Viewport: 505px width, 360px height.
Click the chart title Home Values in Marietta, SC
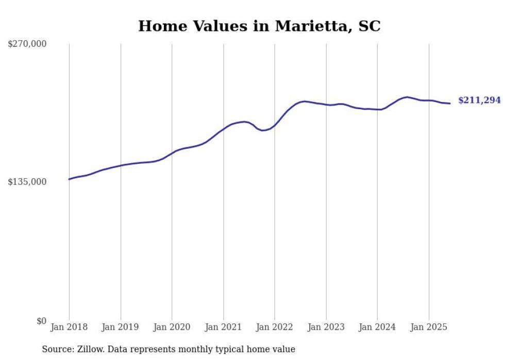coord(259,26)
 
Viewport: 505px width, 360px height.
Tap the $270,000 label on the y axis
coord(27,44)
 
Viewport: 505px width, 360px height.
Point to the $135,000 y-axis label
coord(27,182)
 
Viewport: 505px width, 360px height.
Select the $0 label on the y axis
coord(41,321)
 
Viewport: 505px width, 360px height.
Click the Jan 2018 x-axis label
coord(69,327)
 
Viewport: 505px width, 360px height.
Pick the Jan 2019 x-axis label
coord(121,327)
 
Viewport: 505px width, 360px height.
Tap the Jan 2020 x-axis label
coord(172,327)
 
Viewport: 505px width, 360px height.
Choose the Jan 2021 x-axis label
coord(223,327)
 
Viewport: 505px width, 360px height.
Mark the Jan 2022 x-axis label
coord(275,327)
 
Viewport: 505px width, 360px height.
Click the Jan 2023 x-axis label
coord(326,327)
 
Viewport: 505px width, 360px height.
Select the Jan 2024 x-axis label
coord(377,327)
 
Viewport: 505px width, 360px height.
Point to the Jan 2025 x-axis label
coord(429,327)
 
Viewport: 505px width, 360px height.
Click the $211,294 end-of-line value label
coord(479,100)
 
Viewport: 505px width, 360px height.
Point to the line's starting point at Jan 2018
coord(69,179)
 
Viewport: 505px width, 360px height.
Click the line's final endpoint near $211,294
coord(450,104)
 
